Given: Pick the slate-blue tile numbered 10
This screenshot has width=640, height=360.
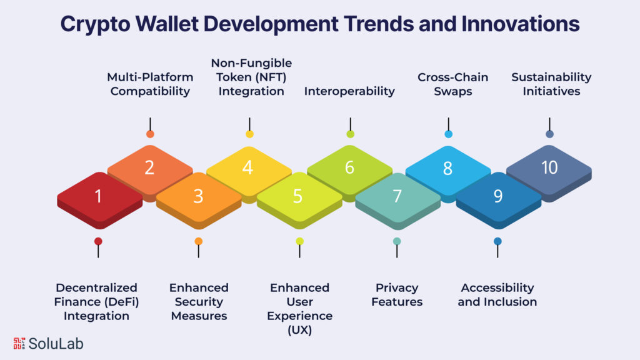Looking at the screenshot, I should coord(549,168).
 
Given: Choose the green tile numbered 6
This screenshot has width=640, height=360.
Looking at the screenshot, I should coord(349,168).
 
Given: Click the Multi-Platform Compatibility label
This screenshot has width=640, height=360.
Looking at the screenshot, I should coord(150,84).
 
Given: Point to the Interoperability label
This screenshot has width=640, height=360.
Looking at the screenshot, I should coord(349,91).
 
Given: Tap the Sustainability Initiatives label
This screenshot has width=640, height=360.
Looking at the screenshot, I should coord(551,84).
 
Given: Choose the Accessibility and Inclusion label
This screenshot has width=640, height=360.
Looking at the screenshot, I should coord(497,295).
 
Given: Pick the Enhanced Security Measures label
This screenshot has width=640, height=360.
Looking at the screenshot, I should coord(199,301).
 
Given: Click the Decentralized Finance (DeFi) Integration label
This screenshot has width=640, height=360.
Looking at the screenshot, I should coord(96,301).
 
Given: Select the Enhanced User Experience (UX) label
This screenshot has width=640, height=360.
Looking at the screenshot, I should coord(299,308).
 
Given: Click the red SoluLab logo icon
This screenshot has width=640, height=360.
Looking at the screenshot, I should coord(19,343).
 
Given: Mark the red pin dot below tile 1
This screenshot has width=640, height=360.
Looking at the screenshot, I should coord(98,241).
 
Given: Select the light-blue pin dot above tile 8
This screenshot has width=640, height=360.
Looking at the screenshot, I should coord(448,134).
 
